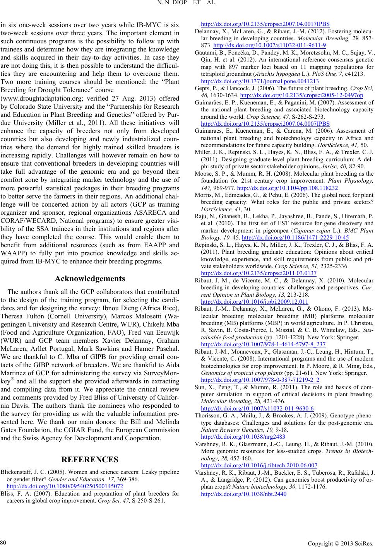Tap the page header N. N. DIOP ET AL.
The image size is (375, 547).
tap(187, 5)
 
